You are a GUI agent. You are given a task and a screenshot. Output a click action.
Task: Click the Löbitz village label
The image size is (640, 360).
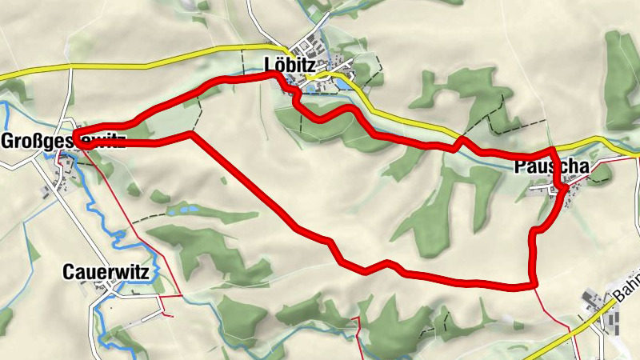pos(289,63)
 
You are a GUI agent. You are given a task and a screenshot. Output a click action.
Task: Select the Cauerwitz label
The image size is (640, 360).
pos(106,272)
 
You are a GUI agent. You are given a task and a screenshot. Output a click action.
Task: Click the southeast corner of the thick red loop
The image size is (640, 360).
pos(533,283)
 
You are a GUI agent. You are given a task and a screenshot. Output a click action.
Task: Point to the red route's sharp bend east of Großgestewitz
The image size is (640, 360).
pos(191,134)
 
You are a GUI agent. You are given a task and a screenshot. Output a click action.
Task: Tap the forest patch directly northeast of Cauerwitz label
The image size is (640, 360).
pos(192,244)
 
